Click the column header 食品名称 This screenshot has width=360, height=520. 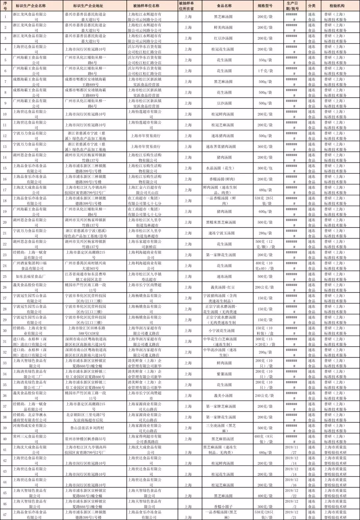pyautogui.click(x=224, y=6)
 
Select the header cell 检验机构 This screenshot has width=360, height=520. pyautogui.click(x=337, y=6)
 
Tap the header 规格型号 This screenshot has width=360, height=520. pyautogui.click(x=265, y=6)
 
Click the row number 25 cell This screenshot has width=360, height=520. pyautogui.click(x=5, y=277)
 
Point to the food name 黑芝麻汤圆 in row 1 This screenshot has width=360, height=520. pyautogui.click(x=224, y=17)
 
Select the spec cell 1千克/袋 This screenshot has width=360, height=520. pyautogui.click(x=265, y=71)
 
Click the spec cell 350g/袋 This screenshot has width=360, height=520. pyautogui.click(x=265, y=60)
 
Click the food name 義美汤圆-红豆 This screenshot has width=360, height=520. pyautogui.click(x=224, y=287)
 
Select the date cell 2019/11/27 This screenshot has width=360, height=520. pyautogui.click(x=291, y=450)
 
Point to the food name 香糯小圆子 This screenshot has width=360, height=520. pyautogui.click(x=224, y=507)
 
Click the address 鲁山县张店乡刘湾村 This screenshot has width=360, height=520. pyautogui.click(x=85, y=428)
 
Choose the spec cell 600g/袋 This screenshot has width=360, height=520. pyautogui.click(x=265, y=211)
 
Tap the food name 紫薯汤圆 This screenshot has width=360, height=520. pyautogui.click(x=224, y=374)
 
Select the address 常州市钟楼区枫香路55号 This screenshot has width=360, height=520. pyautogui.click(x=85, y=439)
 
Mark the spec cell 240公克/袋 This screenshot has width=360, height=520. pyautogui.click(x=265, y=396)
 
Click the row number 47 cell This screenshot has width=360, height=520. pyautogui.click(x=5, y=515)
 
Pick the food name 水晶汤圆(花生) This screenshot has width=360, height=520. pyautogui.click(x=224, y=168)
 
